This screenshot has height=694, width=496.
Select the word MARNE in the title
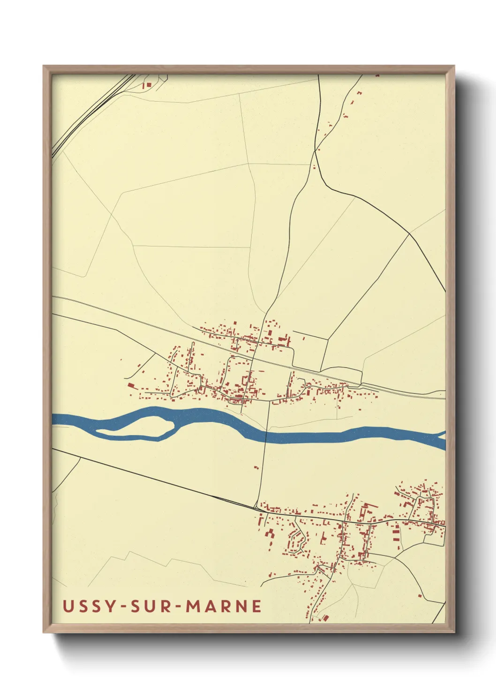point(224,606)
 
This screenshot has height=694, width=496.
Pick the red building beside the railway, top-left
point(149,85)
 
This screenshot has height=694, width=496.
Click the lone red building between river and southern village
point(256,467)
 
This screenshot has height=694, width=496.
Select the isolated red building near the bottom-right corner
point(420,596)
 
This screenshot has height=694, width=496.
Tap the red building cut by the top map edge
point(377,75)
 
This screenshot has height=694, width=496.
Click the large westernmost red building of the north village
point(131,385)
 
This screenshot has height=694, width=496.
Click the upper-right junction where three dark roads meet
point(409,233)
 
